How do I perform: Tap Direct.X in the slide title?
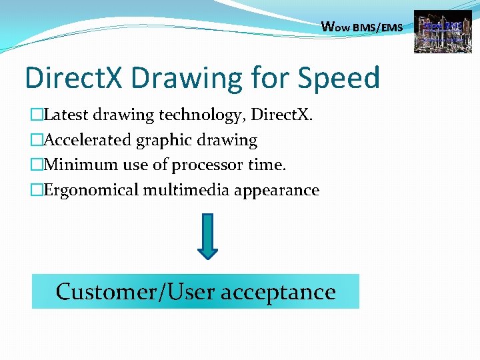tap(74, 78)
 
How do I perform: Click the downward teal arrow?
tap(208, 236)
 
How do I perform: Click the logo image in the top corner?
tap(442, 31)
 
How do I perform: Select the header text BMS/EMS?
tap(378, 28)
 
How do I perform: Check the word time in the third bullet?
tap(268, 165)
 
